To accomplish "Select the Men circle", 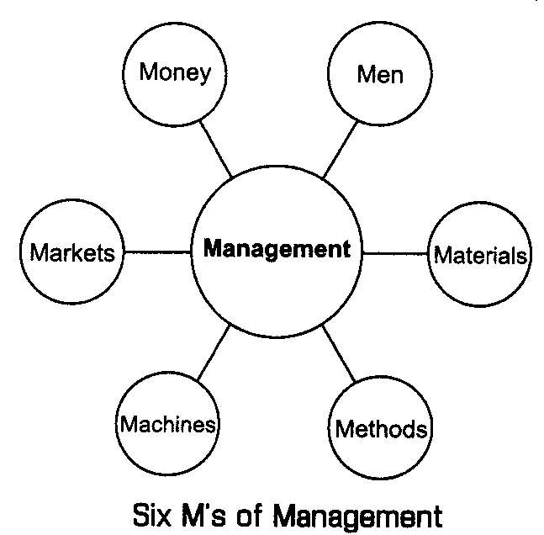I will [380, 74].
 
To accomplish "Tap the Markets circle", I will [72, 252].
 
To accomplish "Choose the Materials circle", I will [481, 255].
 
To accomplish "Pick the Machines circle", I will [168, 425].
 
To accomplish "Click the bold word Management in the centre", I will [277, 249].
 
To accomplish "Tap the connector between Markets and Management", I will [157, 252].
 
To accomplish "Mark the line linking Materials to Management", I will [396, 252].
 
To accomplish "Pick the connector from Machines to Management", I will [213, 352].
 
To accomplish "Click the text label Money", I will [175, 72].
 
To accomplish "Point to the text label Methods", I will [381, 430].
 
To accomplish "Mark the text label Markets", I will [72, 252].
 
